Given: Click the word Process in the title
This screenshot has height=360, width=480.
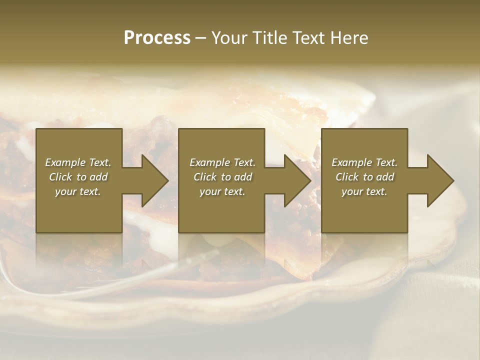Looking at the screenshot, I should click(157, 38).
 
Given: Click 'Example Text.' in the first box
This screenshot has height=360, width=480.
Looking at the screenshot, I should click(78, 162).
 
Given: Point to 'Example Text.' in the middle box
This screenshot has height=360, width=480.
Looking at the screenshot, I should click(222, 162).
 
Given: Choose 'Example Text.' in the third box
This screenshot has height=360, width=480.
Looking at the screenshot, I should click(364, 162).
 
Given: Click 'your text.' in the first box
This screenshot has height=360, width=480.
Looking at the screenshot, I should click(78, 191).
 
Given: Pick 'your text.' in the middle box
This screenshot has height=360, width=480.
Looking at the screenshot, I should click(222, 191).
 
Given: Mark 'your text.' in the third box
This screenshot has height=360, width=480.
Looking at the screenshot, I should click(364, 191).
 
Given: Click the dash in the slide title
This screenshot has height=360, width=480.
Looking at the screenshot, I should click(201, 38).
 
